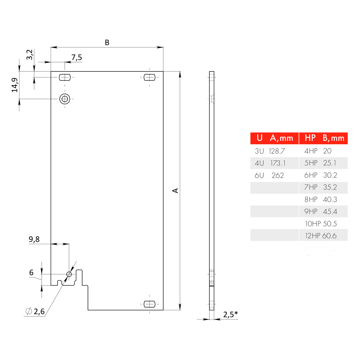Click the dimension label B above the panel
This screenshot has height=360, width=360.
[x=107, y=43]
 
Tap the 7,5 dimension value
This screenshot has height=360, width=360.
[x=76, y=58]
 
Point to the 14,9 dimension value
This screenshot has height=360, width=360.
[x=15, y=85]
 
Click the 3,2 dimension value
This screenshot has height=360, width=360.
[x=29, y=55]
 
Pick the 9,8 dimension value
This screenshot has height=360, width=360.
[x=34, y=239]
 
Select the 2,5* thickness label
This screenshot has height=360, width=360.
[x=230, y=314]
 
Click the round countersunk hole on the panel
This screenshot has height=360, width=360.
[x=65, y=99]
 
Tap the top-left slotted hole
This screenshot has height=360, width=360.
[x=65, y=77]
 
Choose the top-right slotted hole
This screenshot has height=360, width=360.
[x=149, y=77]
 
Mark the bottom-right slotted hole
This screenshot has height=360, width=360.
[x=149, y=304]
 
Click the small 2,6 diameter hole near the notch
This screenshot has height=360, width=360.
[x=69, y=274]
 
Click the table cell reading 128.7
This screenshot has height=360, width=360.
[x=277, y=151]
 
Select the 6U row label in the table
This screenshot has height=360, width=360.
[x=259, y=175]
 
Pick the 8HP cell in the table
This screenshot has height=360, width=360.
[x=311, y=199]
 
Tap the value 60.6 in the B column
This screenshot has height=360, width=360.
[x=329, y=236]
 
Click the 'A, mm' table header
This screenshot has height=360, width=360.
[x=281, y=138]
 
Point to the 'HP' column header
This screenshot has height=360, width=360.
[x=310, y=138]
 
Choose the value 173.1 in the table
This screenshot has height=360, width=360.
[x=278, y=163]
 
